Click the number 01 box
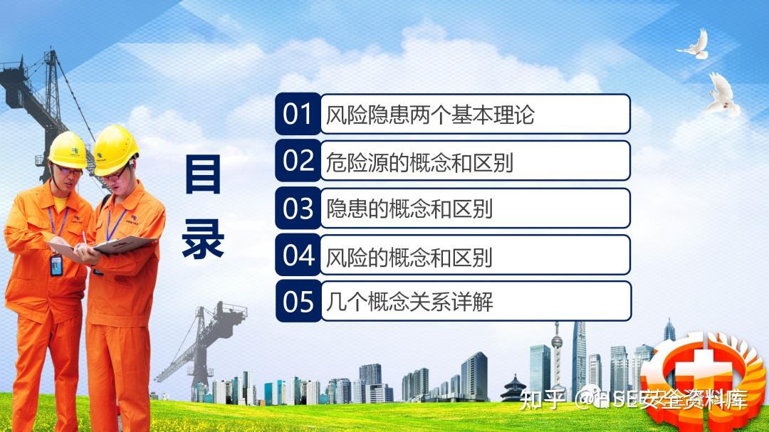(298, 114)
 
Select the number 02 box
(298, 160)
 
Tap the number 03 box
(298, 208)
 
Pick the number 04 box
(298, 255)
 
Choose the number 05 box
(298, 301)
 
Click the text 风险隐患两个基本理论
(430, 115)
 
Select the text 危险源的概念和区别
(420, 162)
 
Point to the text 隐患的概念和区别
(409, 209)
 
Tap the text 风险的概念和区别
(409, 256)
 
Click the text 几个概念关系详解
(409, 302)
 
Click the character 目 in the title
(203, 174)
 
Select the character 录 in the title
(203, 239)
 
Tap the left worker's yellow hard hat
(68, 150)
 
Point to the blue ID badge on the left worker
(56, 265)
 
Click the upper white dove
(694, 44)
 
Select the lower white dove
(723, 95)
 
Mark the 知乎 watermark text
(542, 400)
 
